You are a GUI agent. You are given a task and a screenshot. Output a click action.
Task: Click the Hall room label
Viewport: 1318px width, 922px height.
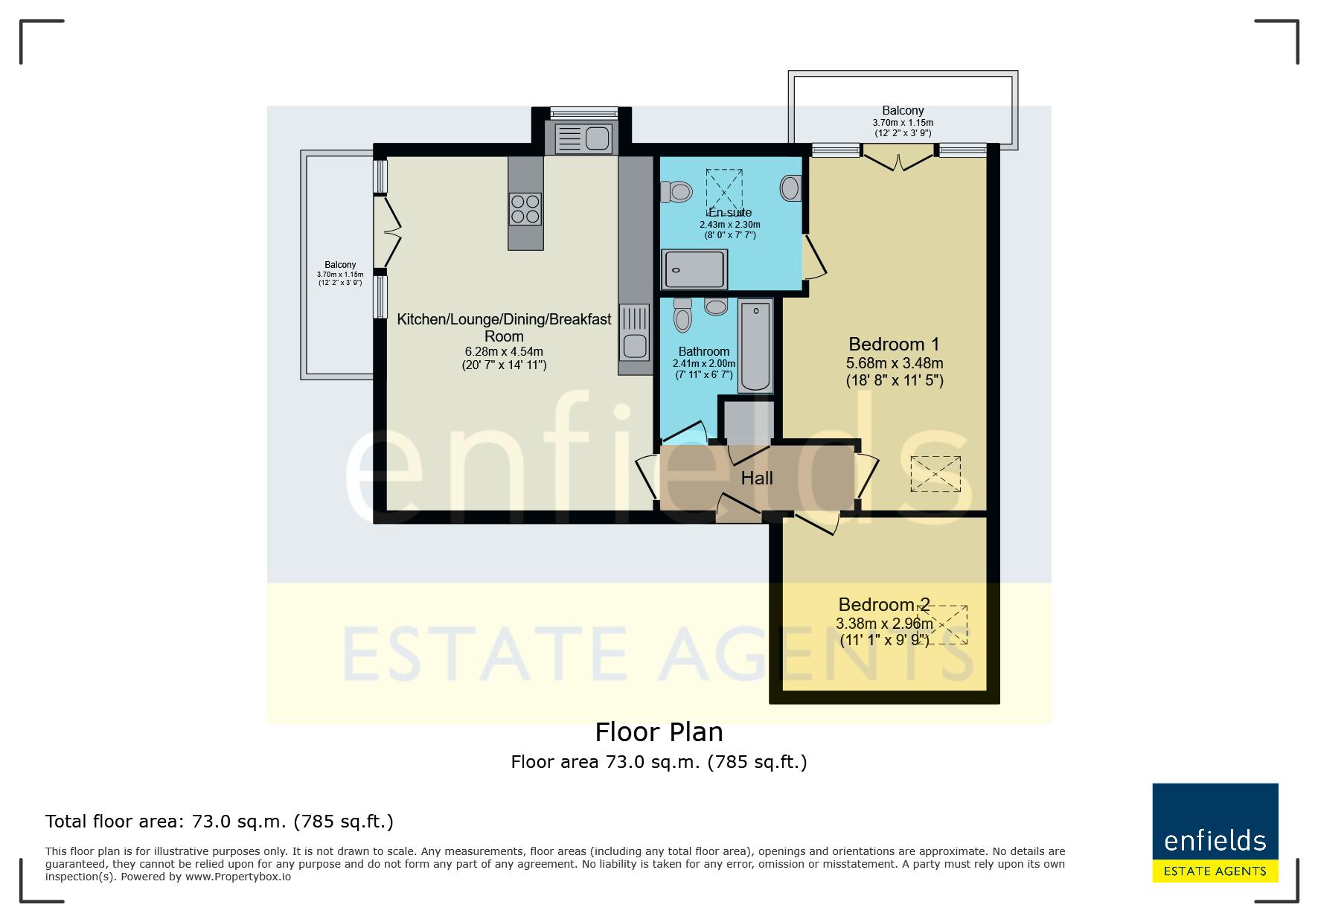tap(757, 478)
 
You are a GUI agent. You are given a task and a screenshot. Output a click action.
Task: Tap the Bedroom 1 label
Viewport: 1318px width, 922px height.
tap(894, 345)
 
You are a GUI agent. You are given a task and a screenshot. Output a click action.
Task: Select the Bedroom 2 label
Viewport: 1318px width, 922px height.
tap(883, 605)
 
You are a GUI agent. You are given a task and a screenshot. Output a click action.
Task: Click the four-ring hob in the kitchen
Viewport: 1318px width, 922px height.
tap(525, 209)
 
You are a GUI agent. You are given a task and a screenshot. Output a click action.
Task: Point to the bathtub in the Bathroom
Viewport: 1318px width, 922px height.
tap(755, 346)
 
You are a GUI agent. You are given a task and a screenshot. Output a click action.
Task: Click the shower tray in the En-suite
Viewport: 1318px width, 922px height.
tap(694, 269)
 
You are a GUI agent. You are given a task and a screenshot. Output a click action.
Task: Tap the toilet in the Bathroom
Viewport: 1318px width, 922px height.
tap(682, 316)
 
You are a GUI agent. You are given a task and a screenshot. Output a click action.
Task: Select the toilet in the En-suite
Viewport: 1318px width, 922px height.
tap(676, 191)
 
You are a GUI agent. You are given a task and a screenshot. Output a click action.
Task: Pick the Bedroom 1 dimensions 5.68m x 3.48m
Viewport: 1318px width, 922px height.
tap(895, 364)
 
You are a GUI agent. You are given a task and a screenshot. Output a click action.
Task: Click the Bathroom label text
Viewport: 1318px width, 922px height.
tap(704, 352)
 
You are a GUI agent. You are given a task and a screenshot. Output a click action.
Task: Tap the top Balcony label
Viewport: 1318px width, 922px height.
tap(903, 111)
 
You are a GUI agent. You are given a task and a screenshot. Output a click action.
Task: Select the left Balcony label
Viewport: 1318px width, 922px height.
tap(340, 265)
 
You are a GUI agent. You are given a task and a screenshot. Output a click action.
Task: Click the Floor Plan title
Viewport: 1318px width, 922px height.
tap(659, 732)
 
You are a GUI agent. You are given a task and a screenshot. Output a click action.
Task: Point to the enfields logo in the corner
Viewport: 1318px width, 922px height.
tap(1215, 833)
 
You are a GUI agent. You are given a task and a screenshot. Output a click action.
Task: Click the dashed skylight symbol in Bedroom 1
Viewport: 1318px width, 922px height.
tap(935, 474)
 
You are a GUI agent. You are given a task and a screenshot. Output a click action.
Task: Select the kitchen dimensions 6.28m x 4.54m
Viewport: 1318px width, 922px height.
tap(504, 351)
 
